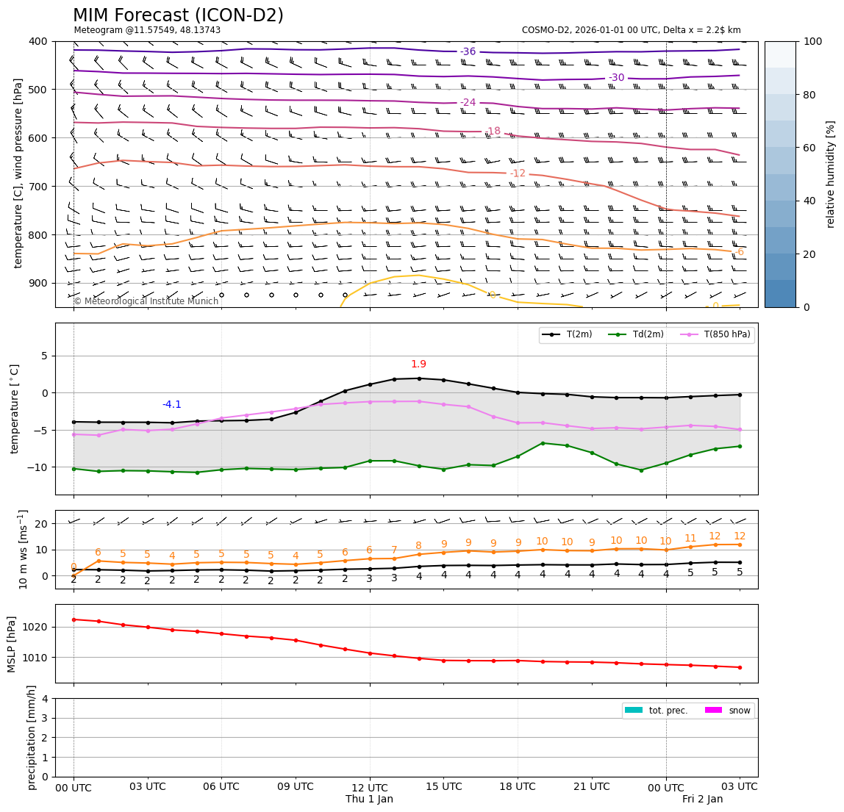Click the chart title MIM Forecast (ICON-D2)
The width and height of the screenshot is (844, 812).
click(178, 15)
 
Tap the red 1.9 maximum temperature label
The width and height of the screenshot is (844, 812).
click(418, 364)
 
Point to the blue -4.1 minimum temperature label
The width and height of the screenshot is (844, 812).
click(171, 405)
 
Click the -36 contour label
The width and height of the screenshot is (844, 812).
click(468, 51)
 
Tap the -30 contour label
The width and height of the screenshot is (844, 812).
click(616, 78)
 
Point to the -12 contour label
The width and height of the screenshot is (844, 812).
click(518, 173)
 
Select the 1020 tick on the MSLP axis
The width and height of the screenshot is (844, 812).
click(37, 627)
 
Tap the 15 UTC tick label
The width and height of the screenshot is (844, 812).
click(444, 787)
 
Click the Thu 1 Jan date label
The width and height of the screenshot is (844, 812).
click(369, 800)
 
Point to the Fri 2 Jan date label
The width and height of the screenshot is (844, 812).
click(702, 800)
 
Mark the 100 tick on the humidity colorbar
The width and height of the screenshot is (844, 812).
click(814, 42)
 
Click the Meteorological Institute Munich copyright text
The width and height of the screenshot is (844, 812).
click(146, 301)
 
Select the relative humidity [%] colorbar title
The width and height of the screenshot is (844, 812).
click(831, 174)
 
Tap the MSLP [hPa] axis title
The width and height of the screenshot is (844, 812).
click(12, 644)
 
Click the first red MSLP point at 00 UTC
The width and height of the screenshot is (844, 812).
click(74, 619)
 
